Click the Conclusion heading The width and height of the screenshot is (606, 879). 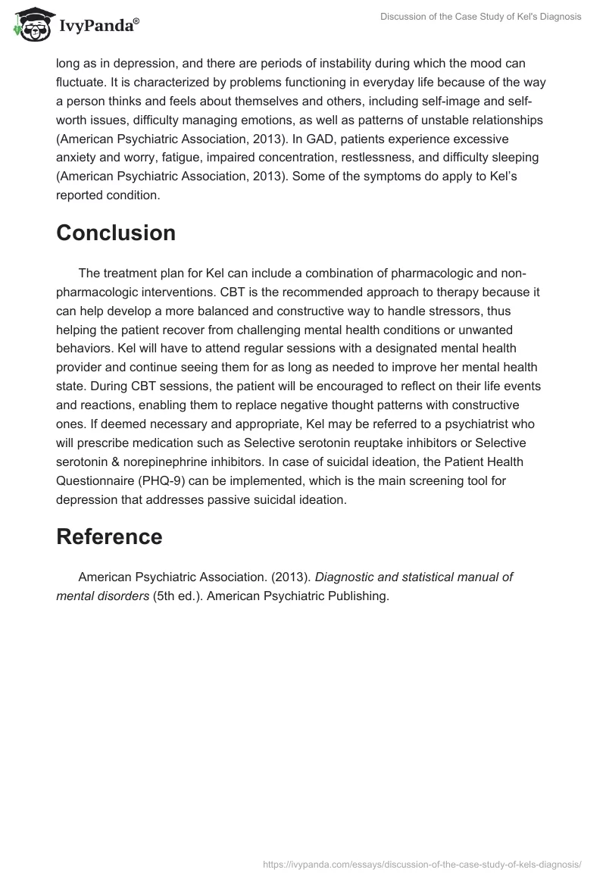tap(116, 233)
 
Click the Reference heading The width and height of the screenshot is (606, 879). tap(109, 536)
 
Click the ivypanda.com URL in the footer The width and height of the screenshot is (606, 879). tap(422, 864)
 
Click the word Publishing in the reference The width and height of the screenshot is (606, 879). tap(351, 596)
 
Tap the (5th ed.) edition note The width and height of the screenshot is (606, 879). tap(177, 596)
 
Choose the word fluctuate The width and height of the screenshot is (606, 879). tap(86, 82)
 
